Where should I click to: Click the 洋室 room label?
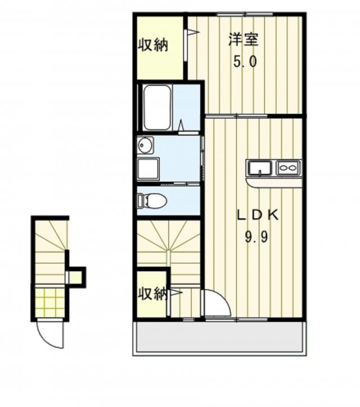[x=244, y=40]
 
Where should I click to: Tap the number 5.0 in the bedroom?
[x=245, y=62]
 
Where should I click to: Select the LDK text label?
[x=258, y=215]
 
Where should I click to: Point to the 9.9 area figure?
[x=256, y=236]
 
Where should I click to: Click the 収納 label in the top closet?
[x=153, y=45]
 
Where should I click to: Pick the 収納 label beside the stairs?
[x=152, y=294]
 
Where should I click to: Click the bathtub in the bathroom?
[x=157, y=108]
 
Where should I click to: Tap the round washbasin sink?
[x=145, y=145]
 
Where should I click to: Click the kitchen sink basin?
[x=260, y=168]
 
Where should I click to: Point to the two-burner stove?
[x=289, y=168]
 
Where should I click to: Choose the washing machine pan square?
[x=148, y=169]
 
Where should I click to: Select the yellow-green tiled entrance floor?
[x=50, y=303]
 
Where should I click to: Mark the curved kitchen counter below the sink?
[x=274, y=182]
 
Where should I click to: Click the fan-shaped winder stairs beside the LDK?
[x=169, y=243]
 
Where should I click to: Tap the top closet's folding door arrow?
[x=193, y=32]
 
